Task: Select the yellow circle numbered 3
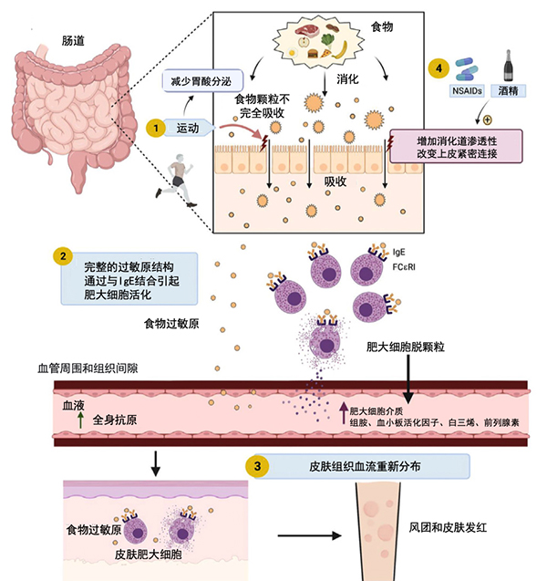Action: click(x=260, y=466)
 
